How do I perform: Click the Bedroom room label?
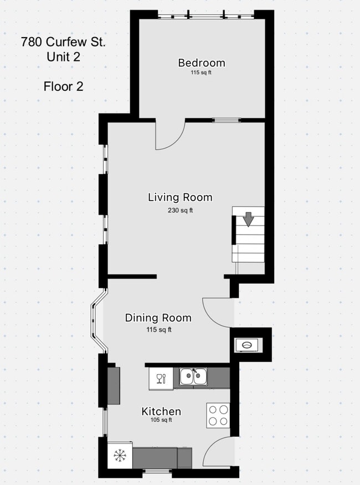(x=202, y=63)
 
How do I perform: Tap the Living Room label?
(x=180, y=197)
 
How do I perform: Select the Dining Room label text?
(x=158, y=318)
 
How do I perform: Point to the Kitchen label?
(x=161, y=411)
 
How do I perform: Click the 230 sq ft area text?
(x=180, y=211)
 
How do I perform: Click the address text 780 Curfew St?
(x=63, y=41)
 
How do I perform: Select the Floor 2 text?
(x=63, y=86)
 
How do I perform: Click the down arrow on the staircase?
(x=249, y=218)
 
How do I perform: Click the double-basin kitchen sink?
(x=193, y=377)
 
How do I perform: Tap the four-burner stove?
(x=218, y=415)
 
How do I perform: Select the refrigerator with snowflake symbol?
(x=119, y=455)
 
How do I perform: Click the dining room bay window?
(x=97, y=321)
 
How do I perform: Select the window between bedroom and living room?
(x=227, y=120)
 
